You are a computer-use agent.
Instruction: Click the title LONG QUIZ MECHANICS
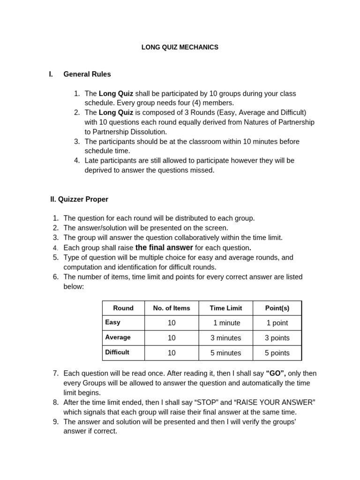click(x=180, y=47)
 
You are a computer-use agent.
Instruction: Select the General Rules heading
click(x=87, y=74)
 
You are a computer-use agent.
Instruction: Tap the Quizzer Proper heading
click(x=79, y=199)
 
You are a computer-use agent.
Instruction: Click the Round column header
click(x=123, y=308)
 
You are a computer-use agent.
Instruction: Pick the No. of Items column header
click(x=172, y=308)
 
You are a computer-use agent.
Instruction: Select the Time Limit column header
click(x=226, y=308)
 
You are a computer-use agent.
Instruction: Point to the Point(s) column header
click(x=277, y=308)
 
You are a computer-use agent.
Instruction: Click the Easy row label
click(x=113, y=322)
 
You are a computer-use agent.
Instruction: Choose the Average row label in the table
click(x=118, y=337)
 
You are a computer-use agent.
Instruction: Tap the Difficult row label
click(x=117, y=352)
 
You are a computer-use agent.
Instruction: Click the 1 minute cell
click(x=226, y=323)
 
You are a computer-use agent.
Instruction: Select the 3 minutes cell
click(x=226, y=338)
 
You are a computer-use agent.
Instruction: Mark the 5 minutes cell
click(x=226, y=353)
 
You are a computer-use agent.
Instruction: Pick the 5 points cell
click(x=277, y=353)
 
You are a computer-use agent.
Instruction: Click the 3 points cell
click(x=277, y=338)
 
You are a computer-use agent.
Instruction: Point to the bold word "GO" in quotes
click(x=276, y=374)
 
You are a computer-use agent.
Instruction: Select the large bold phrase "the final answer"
click(x=164, y=247)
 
